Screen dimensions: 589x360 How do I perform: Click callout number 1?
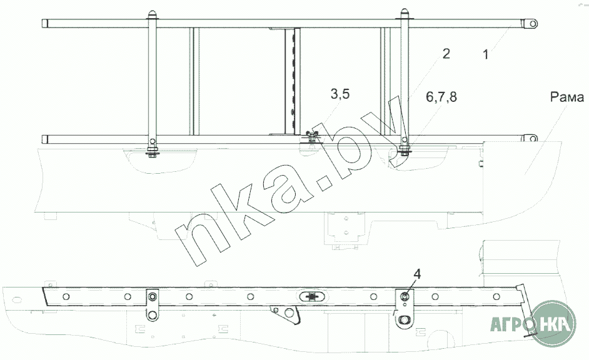(486, 55)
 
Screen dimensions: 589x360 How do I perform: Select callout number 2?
(446, 54)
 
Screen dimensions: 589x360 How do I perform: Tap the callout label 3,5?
(340, 94)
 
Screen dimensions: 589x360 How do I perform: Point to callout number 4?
(417, 274)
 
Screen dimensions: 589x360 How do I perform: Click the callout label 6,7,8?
(441, 97)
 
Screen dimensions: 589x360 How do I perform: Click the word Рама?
(567, 97)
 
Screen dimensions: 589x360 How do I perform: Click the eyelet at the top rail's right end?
(533, 24)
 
